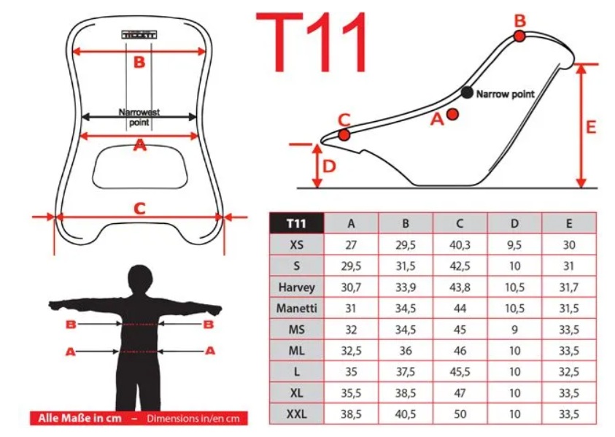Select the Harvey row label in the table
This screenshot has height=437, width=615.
click(x=296, y=287)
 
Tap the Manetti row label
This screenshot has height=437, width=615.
click(x=296, y=309)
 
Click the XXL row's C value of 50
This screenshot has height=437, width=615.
click(x=460, y=414)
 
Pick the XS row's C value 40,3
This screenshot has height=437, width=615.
click(x=460, y=245)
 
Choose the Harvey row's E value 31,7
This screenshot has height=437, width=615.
click(x=569, y=287)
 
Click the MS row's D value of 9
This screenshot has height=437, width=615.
click(x=514, y=330)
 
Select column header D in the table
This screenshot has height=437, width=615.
click(x=514, y=223)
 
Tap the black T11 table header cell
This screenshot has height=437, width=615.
click(x=296, y=223)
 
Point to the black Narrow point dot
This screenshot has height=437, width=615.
click(x=467, y=93)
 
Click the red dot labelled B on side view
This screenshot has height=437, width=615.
click(x=519, y=36)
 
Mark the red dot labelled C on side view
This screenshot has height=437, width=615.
click(x=344, y=135)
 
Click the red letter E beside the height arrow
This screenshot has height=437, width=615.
click(x=591, y=127)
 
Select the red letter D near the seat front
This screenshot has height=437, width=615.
click(x=329, y=166)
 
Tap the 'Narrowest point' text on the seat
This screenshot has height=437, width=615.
click(x=139, y=117)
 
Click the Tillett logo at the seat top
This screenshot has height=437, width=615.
click(x=139, y=35)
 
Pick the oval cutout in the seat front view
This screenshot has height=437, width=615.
click(x=140, y=167)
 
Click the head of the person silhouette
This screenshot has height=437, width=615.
click(x=140, y=279)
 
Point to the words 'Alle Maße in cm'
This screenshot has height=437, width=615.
click(x=80, y=418)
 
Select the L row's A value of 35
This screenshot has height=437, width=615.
click(x=351, y=372)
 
